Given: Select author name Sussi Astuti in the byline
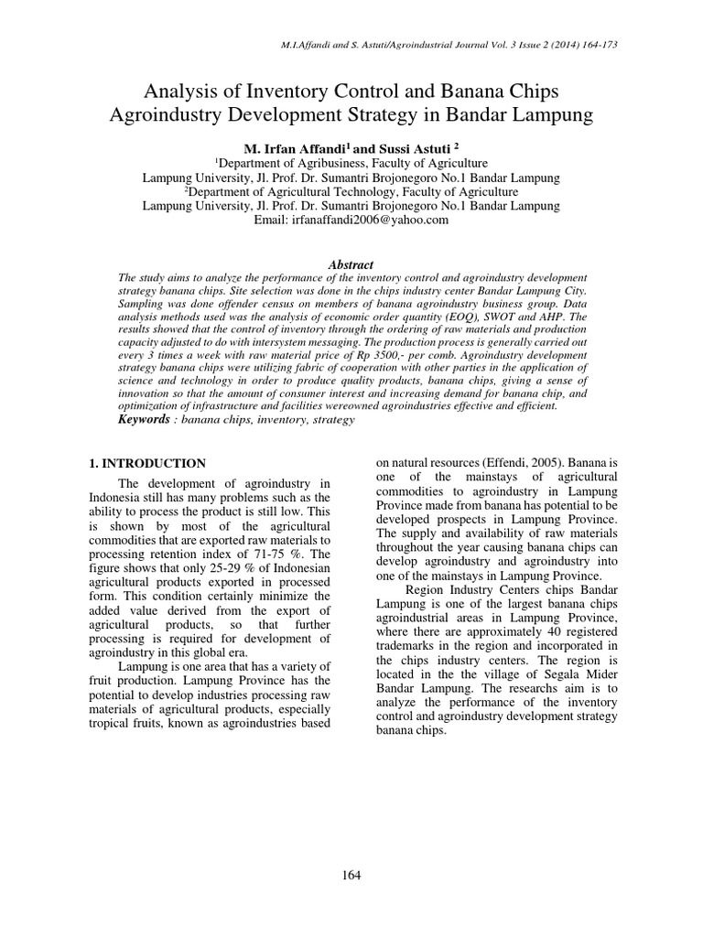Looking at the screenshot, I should coord(404,148).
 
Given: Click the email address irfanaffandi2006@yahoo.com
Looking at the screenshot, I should coord(351,221).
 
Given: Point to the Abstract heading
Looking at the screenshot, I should coord(351,264).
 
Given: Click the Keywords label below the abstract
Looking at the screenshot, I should coord(143,419).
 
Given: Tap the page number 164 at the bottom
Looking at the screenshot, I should coord(351,875).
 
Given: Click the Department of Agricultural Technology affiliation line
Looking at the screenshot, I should coord(351,192).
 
